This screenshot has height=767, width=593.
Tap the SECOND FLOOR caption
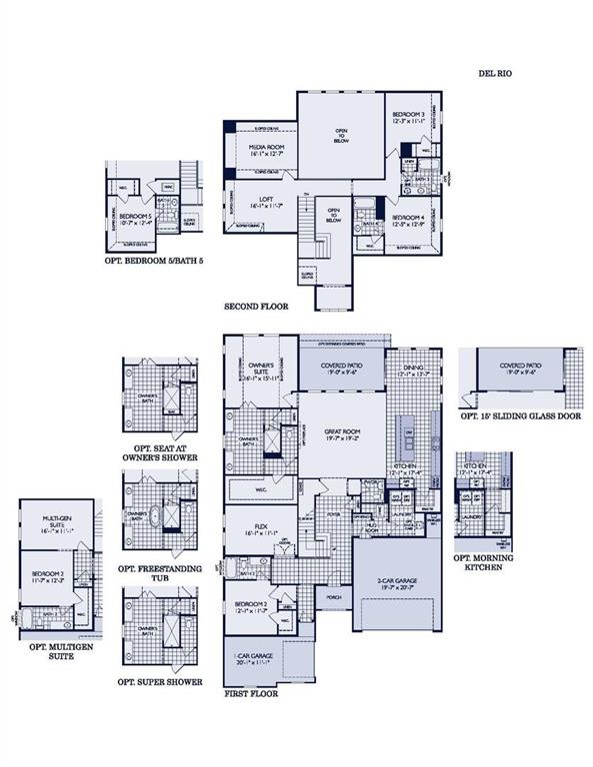point(256,308)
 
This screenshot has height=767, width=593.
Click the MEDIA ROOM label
point(265,150)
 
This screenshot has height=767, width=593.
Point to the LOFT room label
point(266,202)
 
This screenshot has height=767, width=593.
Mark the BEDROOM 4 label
point(408,220)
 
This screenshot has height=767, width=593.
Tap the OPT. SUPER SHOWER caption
point(160,682)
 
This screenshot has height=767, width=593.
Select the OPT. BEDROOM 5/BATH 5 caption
point(154,260)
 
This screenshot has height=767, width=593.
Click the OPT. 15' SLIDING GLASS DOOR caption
point(520,419)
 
